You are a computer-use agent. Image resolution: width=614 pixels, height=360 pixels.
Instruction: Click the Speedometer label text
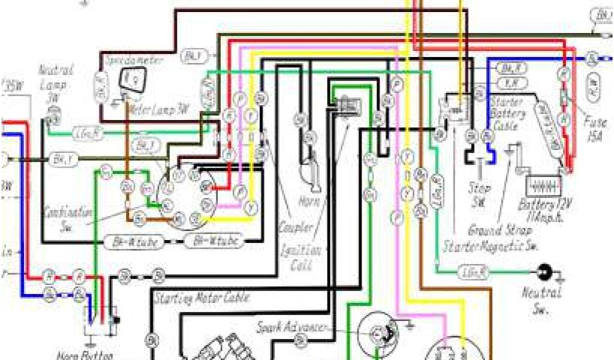tap(127, 61)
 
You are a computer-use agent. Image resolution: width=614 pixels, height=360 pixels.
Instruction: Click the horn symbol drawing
tap(312, 171)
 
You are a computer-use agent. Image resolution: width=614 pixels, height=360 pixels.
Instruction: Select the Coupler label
tap(296, 228)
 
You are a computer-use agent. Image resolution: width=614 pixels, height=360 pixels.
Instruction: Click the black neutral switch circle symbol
tap(544, 272)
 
